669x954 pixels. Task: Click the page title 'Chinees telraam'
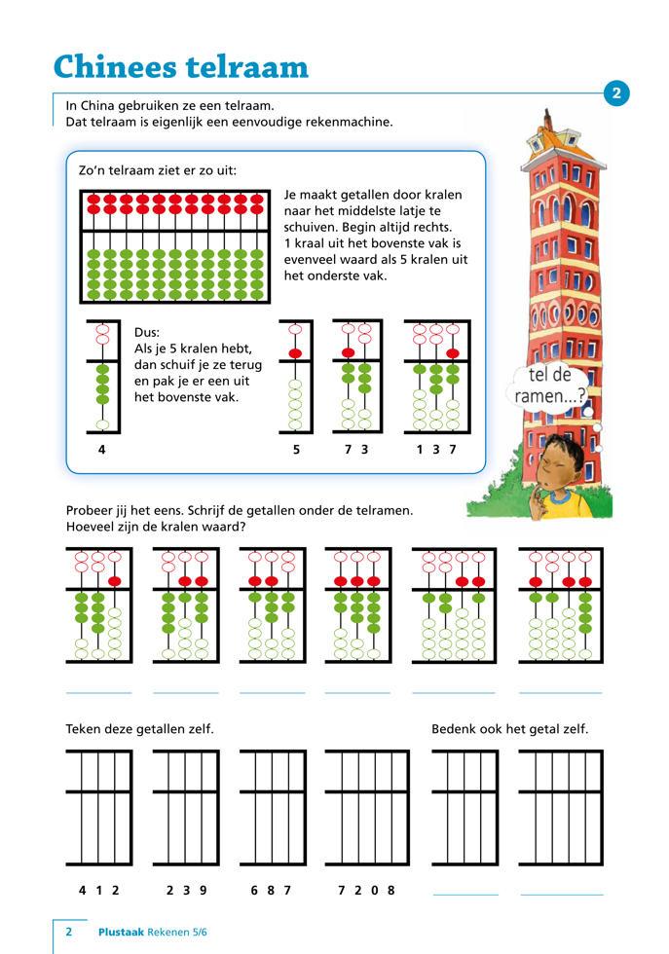tap(180, 66)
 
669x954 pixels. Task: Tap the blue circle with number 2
tap(616, 93)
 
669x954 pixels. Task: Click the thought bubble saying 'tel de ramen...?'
tap(550, 386)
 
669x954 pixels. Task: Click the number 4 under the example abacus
tap(102, 450)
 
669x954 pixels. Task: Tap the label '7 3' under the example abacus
tap(355, 450)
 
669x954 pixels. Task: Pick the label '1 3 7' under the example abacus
tap(436, 450)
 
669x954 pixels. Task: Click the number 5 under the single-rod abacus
tap(296, 450)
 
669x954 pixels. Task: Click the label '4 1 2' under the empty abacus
tap(98, 890)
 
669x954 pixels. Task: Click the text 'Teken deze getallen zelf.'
tap(139, 729)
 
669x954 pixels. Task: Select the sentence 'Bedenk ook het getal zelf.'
tap(509, 729)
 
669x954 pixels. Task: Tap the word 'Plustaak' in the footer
tap(122, 932)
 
